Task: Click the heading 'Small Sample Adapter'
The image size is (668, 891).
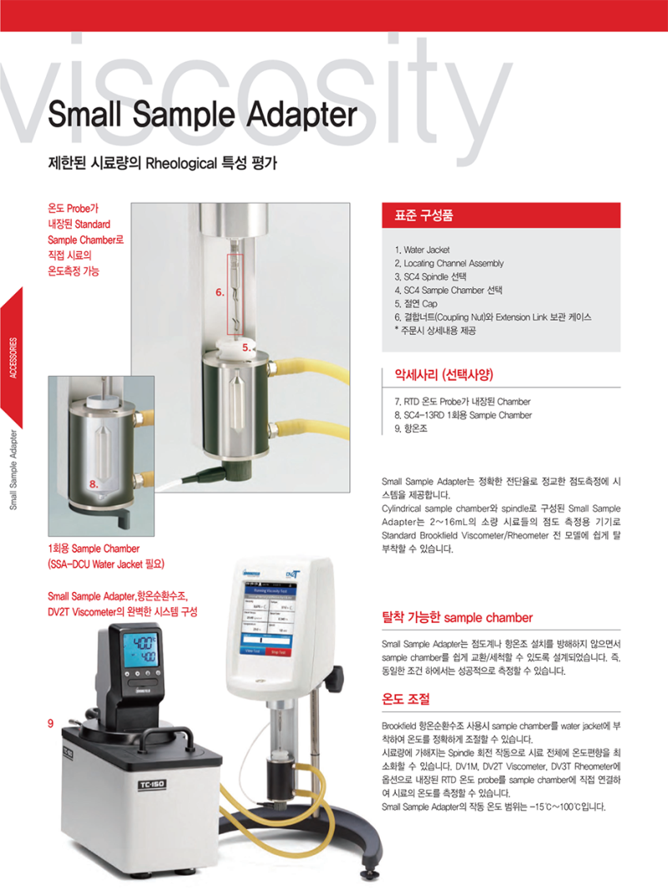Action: pyautogui.click(x=203, y=114)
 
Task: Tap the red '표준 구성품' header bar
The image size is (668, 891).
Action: pyautogui.click(x=500, y=215)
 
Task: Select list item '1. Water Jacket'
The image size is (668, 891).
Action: pyautogui.click(x=422, y=250)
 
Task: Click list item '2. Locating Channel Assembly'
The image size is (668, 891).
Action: pyautogui.click(x=448, y=263)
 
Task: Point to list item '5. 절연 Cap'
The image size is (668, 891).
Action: pyautogui.click(x=415, y=303)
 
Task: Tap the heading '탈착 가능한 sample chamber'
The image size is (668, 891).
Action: pyautogui.click(x=457, y=618)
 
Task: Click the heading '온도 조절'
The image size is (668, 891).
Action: pyautogui.click(x=405, y=697)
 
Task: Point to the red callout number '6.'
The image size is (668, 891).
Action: pyautogui.click(x=220, y=293)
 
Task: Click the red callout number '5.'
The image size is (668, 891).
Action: pyautogui.click(x=247, y=346)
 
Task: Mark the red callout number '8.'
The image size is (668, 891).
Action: pyautogui.click(x=94, y=483)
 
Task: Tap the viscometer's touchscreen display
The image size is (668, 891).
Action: pyautogui.click(x=266, y=617)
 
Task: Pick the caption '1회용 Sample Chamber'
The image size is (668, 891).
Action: pyautogui.click(x=94, y=549)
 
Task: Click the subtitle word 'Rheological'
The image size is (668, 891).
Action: pyautogui.click(x=181, y=161)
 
